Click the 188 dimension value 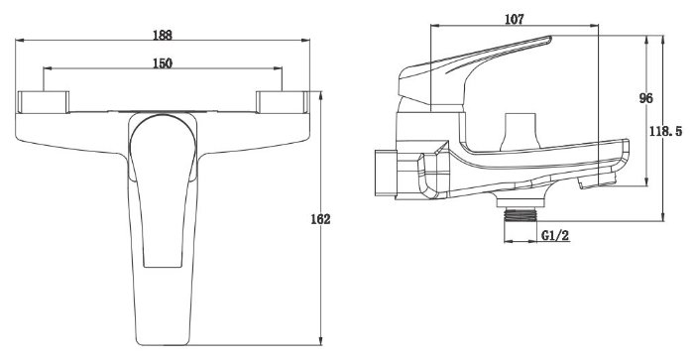163,35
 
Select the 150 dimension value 163,63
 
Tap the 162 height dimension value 320,219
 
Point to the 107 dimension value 515,19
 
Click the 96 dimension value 645,98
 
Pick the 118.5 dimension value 665,132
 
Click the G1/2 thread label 555,235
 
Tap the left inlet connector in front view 43,102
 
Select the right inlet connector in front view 283,102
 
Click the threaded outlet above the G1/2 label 521,215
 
